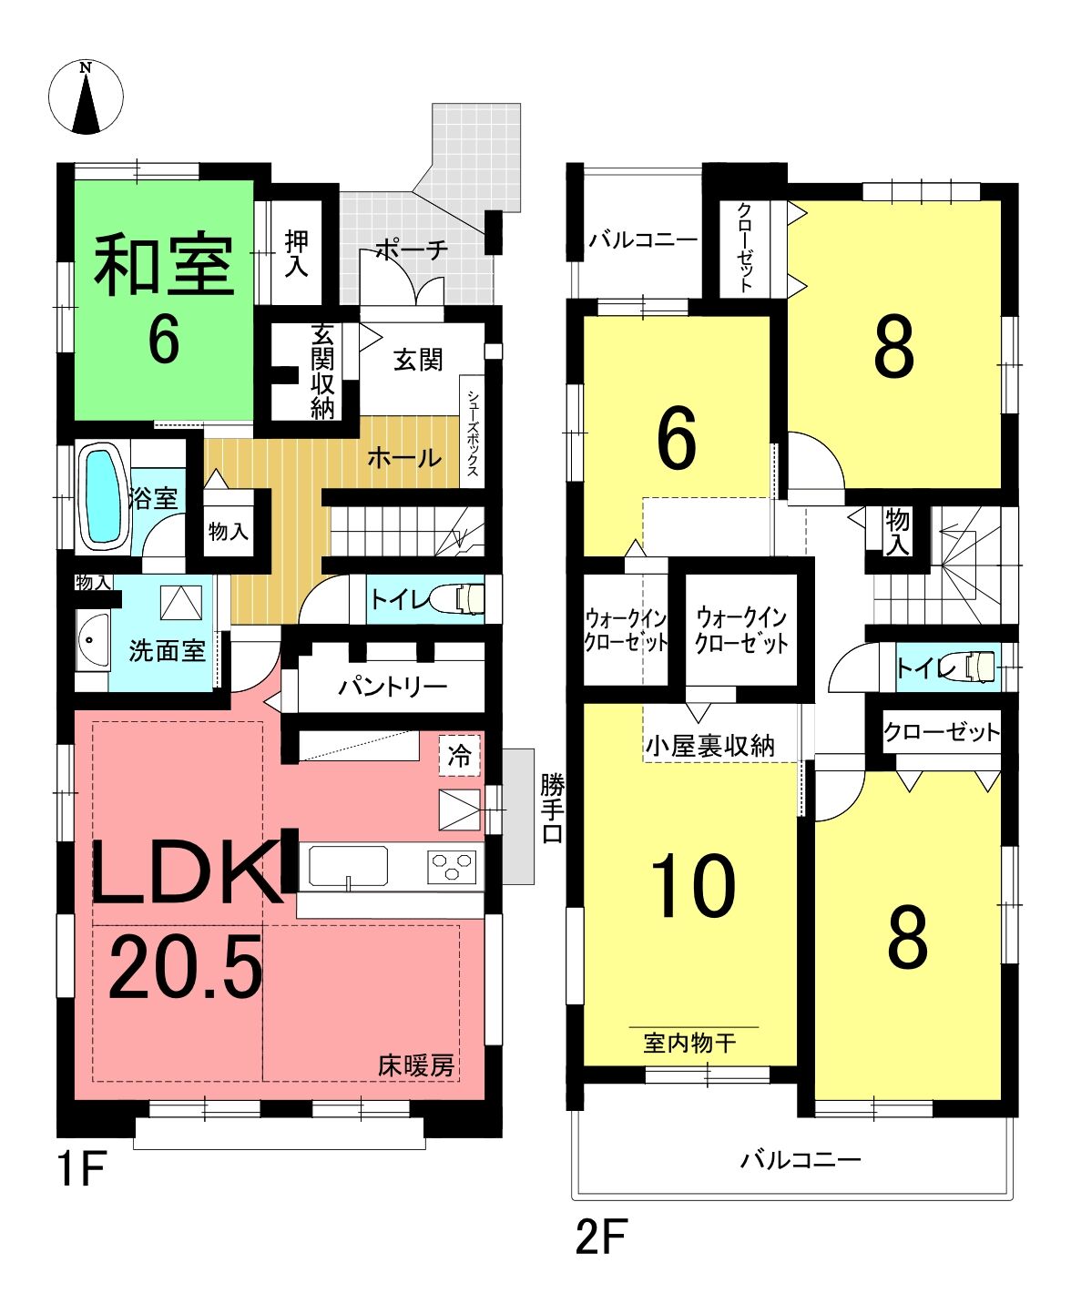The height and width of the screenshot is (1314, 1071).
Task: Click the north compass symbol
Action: pos(86,97)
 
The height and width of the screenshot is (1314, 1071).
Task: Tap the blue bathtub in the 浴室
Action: pos(103,496)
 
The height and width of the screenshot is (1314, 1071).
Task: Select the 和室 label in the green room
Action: pos(164,266)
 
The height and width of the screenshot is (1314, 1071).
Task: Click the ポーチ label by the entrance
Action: pos(412,250)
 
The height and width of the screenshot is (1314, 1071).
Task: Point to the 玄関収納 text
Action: pos(322,372)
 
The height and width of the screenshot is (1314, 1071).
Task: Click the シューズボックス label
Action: pos(472,433)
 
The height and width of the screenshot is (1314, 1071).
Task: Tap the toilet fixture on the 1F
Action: pos(462,598)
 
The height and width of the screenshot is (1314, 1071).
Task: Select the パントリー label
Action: pos(393,687)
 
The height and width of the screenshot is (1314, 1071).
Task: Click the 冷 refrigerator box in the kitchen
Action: pos(459,755)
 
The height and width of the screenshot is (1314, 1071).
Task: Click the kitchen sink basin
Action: pos(349,866)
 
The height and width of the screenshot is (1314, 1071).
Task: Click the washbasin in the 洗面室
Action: pos(93,639)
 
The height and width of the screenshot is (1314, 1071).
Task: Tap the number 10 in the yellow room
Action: pos(693,887)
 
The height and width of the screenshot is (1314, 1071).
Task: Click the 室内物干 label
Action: pos(689,1044)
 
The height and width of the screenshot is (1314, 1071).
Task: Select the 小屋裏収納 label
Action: pos(710,747)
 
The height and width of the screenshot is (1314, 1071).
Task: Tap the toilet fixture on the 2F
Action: pos(974,667)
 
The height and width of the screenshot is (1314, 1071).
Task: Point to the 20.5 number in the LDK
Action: pos(185,966)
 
